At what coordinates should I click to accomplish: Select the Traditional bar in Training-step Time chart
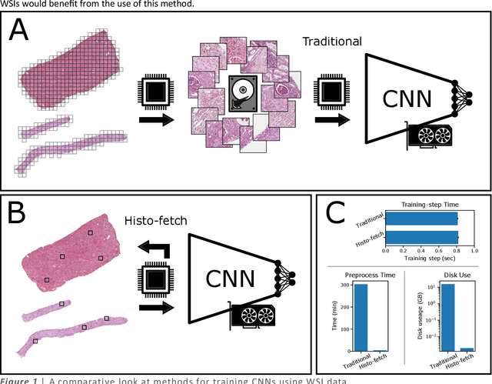click(x=421, y=219)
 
